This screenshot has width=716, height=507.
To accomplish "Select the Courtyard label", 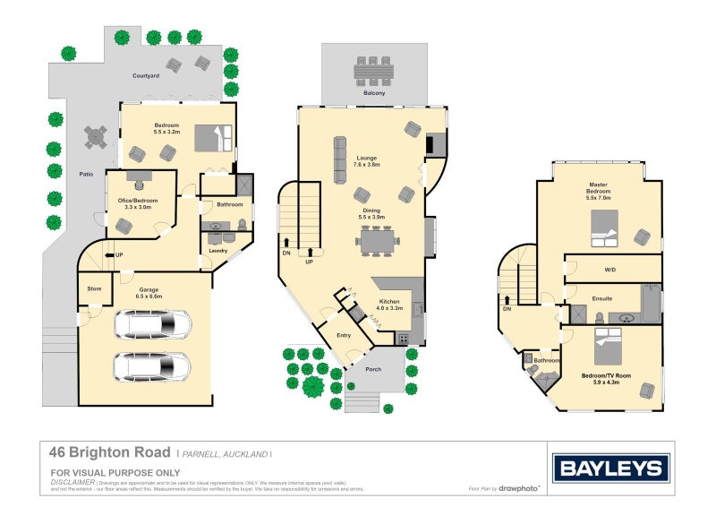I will pyautogui.click(x=145, y=76).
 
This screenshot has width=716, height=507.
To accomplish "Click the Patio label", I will pyautogui.click(x=86, y=175).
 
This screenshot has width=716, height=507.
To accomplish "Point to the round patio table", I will pyautogui.click(x=96, y=137).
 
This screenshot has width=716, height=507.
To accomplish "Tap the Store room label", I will pyautogui.click(x=93, y=288).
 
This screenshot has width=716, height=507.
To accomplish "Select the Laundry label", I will pyautogui.click(x=218, y=251).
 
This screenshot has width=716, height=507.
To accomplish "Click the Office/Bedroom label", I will pyautogui.click(x=141, y=202).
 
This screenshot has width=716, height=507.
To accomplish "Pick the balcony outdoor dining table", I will pyautogui.click(x=374, y=70).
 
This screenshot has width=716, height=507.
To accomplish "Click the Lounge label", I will pyautogui.click(x=366, y=158).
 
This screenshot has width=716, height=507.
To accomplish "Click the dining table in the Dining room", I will pyautogui.click(x=374, y=240).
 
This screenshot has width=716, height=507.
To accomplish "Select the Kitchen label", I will pyautogui.click(x=388, y=302).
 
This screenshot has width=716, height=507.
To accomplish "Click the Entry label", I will pyautogui.click(x=344, y=335).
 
